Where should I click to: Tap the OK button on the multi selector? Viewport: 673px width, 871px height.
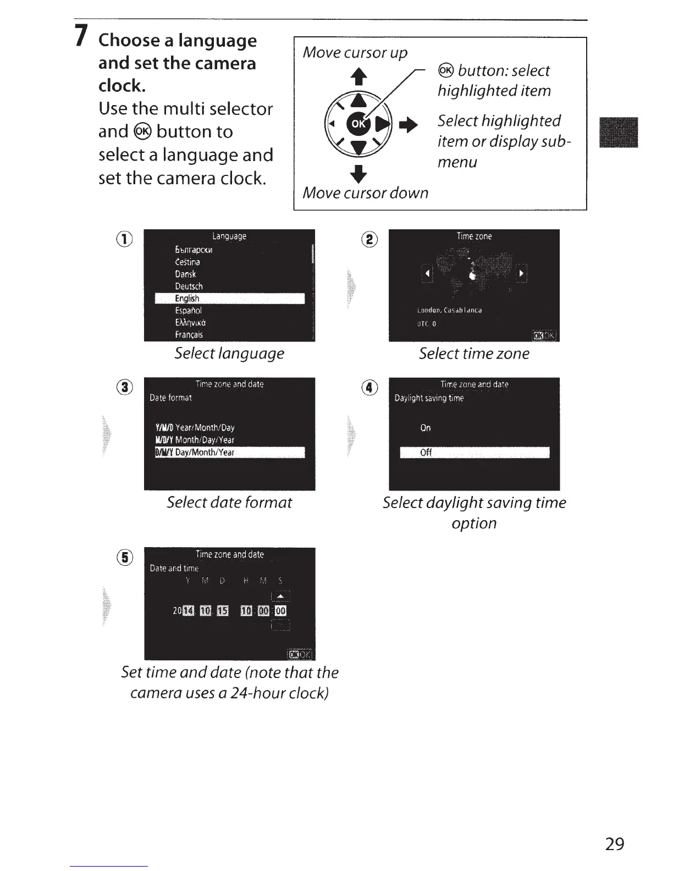pyautogui.click(x=357, y=123)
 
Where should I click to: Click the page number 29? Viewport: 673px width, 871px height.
pyautogui.click(x=614, y=844)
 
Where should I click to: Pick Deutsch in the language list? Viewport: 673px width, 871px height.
pyautogui.click(x=189, y=286)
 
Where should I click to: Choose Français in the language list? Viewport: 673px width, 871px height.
pyautogui.click(x=189, y=334)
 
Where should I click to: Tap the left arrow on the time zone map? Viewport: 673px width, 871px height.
pyautogui.click(x=427, y=273)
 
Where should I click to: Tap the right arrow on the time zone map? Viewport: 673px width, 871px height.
pyautogui.click(x=521, y=273)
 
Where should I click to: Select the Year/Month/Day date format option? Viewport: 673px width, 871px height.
pyautogui.click(x=196, y=427)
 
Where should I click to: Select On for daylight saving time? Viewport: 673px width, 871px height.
pyautogui.click(x=426, y=428)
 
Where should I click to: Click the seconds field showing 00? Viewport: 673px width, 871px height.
pyautogui.click(x=280, y=610)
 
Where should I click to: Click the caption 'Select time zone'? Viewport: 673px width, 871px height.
pyautogui.click(x=474, y=354)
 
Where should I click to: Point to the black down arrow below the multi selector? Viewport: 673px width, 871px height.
pyautogui.click(x=358, y=173)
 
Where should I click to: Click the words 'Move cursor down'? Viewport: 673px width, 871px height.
pyautogui.click(x=365, y=193)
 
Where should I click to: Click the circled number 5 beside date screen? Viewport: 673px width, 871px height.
pyautogui.click(x=126, y=558)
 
